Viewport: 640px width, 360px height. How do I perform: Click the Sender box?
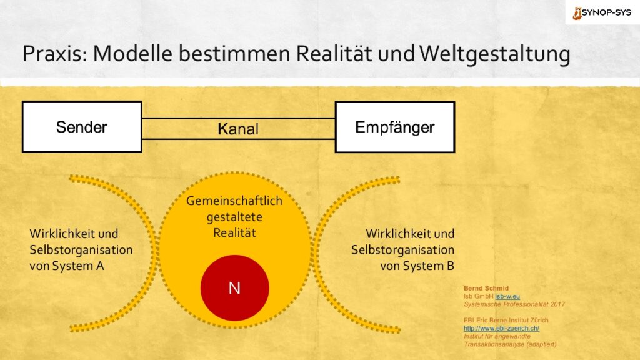click(x=82, y=127)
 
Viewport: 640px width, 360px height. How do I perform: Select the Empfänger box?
click(x=395, y=127)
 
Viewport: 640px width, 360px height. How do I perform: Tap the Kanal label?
click(x=238, y=129)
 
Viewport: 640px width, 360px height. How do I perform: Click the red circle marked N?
click(x=235, y=287)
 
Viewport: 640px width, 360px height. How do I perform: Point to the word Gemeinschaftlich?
click(x=234, y=201)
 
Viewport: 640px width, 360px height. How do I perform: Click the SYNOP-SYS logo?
click(x=602, y=12)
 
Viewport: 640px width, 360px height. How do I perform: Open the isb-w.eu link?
click(x=507, y=296)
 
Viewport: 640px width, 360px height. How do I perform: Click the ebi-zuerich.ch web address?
click(x=501, y=328)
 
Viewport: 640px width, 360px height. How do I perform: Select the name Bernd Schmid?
click(x=486, y=288)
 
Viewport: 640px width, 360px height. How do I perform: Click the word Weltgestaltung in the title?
click(x=495, y=54)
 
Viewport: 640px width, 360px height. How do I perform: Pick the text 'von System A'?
click(x=67, y=266)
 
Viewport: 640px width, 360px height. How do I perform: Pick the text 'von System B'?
click(x=417, y=266)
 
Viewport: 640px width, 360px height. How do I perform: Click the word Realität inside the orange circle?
click(x=235, y=233)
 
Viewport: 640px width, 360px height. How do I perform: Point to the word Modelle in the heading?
click(x=132, y=54)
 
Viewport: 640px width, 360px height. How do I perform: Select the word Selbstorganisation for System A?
click(x=81, y=250)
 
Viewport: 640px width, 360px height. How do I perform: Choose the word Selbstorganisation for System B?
click(x=403, y=250)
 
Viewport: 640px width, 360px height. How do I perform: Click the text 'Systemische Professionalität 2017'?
click(x=514, y=304)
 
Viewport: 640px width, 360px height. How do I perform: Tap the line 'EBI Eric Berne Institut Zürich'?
click(x=506, y=321)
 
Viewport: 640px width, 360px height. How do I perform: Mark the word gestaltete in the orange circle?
click(x=235, y=217)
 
